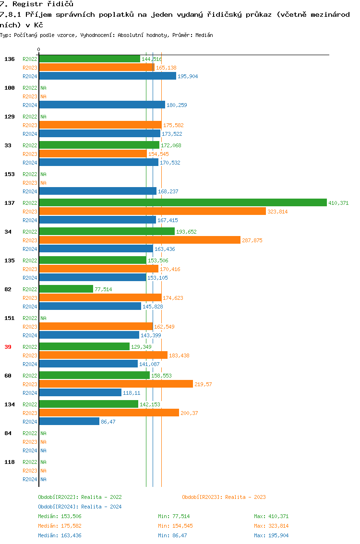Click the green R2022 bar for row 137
tap(182, 202)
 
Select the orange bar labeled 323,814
tap(152, 211)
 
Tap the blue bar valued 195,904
tap(108, 76)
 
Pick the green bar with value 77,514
tap(66, 289)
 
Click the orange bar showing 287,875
tap(139, 240)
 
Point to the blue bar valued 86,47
tap(69, 421)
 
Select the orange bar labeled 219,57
tap(116, 384)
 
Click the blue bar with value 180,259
tap(102, 105)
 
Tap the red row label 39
tap(8, 347)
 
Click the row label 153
tap(10, 174)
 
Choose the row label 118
tap(10, 462)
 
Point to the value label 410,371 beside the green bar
tap(338, 203)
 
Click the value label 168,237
tap(168, 191)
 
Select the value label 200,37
tap(189, 413)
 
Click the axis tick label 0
tap(39, 49)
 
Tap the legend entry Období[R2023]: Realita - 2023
tap(224, 497)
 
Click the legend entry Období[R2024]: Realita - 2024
tap(80, 507)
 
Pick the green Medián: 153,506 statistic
tap(60, 516)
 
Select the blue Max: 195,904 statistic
tap(271, 535)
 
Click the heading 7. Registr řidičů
tap(36, 4)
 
